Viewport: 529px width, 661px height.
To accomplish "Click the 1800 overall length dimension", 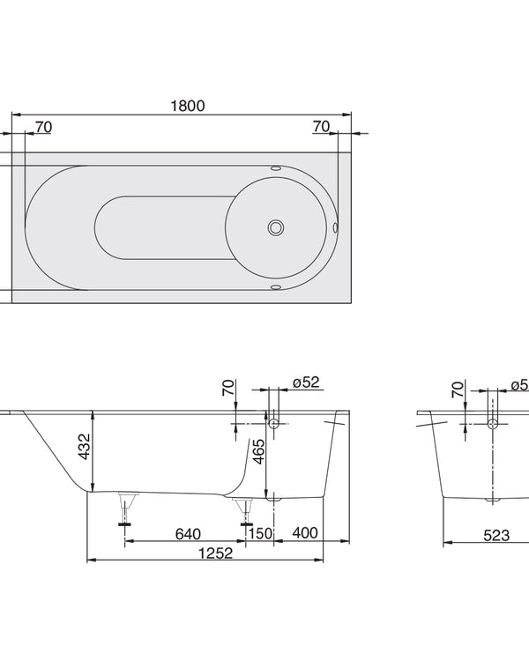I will (187, 105).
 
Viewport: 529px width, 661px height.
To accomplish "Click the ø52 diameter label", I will (305, 382).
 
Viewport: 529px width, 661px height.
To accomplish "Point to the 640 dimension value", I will (187, 534).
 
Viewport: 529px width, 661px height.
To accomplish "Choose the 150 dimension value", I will (260, 534).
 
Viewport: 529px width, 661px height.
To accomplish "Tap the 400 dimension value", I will (304, 534).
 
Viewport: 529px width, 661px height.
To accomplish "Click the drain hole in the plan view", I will (277, 227).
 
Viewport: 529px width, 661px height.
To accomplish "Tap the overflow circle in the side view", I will (274, 424).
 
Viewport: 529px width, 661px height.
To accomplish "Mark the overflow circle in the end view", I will (493, 424).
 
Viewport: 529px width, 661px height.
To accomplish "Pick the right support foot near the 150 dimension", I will (245, 511).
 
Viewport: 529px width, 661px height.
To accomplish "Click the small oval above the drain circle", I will (276, 167).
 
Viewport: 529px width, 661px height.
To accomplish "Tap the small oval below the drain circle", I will (276, 286).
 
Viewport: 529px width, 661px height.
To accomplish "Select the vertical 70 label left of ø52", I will (228, 388).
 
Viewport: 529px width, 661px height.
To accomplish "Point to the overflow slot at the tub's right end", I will (335, 227).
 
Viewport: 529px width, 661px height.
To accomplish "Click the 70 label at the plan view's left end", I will (43, 128).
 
